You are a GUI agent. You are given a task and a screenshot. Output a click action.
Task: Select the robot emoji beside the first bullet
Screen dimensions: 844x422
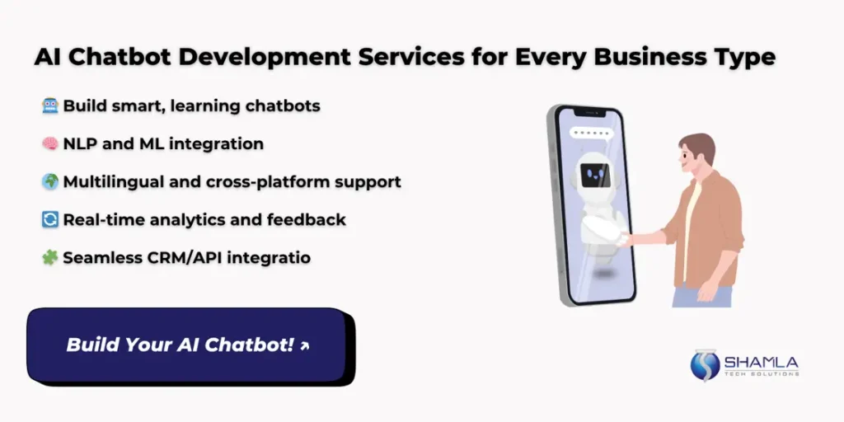point(50,105)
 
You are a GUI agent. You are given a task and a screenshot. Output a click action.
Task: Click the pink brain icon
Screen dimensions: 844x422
point(50,143)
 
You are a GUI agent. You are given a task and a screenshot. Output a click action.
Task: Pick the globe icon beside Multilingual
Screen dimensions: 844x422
point(50,182)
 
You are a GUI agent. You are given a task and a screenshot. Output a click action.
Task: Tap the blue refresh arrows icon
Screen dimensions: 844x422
point(50,219)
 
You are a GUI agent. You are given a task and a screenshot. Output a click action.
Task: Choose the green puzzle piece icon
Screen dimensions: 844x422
point(50,258)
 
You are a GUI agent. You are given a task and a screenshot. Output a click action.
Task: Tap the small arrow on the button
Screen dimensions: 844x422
point(305,346)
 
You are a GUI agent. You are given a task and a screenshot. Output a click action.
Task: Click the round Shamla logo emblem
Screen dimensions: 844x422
point(705,365)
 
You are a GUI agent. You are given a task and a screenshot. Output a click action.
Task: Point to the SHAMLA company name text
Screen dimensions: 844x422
point(761,362)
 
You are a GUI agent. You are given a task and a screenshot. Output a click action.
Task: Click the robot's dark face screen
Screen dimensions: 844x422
point(595,176)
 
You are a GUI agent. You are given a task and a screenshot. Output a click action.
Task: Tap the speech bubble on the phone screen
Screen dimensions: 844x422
point(591,134)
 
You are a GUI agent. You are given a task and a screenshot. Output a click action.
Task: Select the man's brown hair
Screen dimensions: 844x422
point(699,146)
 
